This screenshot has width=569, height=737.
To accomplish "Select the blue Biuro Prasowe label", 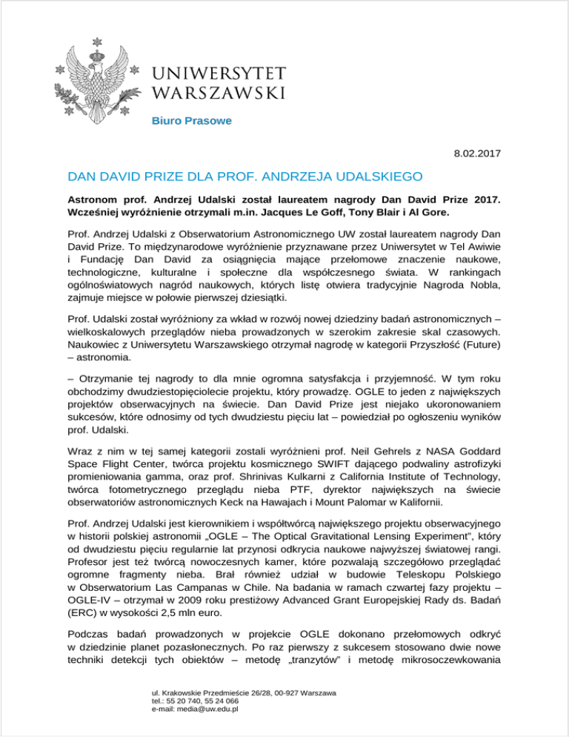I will click(192, 120).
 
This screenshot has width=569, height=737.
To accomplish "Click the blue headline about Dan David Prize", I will click(245, 177).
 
